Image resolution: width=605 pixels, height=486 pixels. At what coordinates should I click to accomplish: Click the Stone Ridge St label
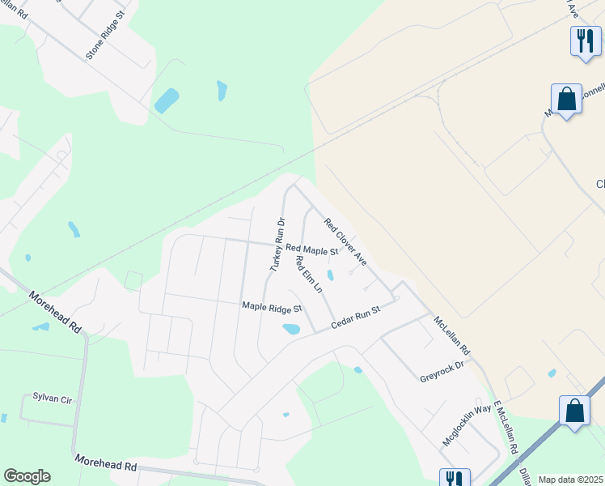pos(106,35)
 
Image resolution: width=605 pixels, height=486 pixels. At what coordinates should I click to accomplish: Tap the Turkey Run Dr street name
pos(277,243)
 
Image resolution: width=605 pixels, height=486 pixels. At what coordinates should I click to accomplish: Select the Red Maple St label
pos(311,251)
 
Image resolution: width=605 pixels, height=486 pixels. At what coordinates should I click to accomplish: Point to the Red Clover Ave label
pos(345,241)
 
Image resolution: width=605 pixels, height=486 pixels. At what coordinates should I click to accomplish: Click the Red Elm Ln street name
pos(309,275)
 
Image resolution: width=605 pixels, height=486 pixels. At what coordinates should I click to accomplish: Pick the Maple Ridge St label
pos(272,308)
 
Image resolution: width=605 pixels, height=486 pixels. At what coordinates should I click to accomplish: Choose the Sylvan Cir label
pos(53,397)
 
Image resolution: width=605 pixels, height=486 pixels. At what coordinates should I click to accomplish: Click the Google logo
pos(27,476)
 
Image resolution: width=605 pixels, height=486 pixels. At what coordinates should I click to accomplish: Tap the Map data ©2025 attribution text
pos(569,480)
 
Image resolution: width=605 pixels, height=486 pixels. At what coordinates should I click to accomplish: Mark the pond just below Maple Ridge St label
pos(291,329)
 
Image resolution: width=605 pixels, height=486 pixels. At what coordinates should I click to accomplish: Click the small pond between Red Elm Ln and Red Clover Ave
pos(330,275)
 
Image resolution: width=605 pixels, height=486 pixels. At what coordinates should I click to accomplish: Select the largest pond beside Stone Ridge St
pos(167,100)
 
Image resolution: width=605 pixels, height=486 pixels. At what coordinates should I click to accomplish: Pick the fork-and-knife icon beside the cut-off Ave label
pos(585,39)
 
